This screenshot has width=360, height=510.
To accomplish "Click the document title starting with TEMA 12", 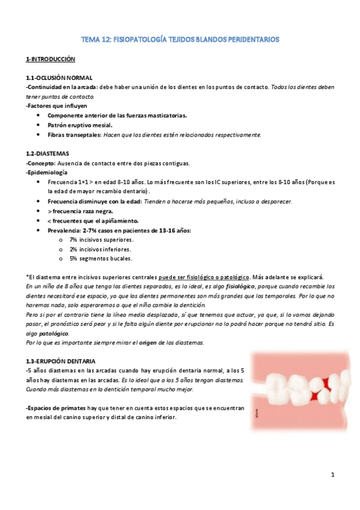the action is tap(180, 39).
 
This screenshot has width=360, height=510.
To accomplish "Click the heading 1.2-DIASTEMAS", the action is tap(48, 153).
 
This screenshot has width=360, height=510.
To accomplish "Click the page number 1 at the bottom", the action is tap(332, 476).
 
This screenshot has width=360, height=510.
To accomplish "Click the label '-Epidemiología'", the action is tap(47, 172).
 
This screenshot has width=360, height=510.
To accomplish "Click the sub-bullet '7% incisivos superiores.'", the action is tap(101, 239).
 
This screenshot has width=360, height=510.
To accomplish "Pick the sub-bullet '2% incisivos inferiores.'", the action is tap(100, 249).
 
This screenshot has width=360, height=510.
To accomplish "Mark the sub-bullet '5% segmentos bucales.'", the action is tap(100, 259).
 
